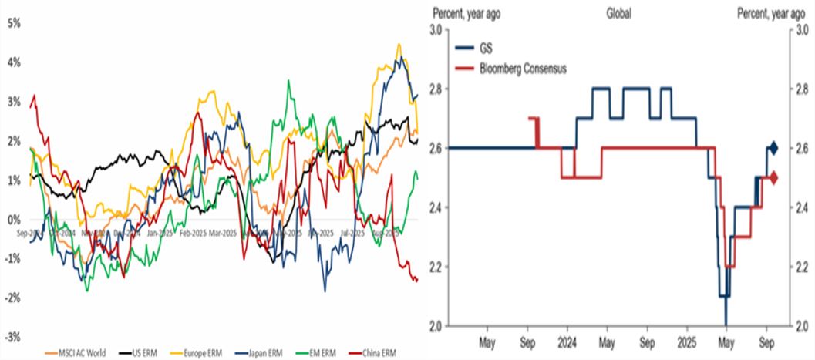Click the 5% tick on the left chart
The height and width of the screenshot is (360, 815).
pos(13,22)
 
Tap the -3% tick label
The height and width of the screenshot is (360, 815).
pos(13,337)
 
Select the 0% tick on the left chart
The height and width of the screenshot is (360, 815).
pos(15,219)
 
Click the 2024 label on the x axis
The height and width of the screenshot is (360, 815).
pos(567,338)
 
